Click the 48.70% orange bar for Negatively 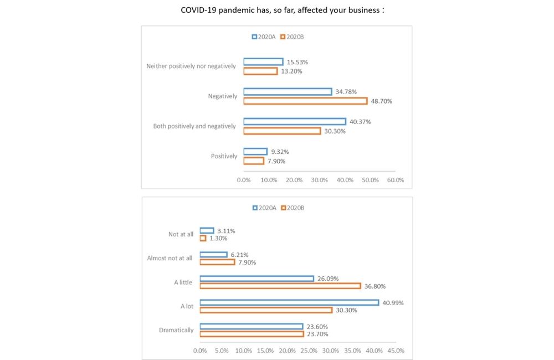(305, 101)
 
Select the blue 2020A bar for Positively (255, 152)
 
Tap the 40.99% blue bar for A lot (289, 302)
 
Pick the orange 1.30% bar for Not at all (203, 238)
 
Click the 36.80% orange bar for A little (280, 286)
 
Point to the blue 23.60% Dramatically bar (252, 326)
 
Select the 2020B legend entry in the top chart (293, 37)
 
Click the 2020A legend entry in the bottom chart (264, 208)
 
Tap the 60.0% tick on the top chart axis (396, 180)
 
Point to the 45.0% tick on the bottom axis (396, 351)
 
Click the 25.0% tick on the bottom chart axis (309, 351)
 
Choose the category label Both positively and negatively (194, 126)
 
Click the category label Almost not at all (170, 258)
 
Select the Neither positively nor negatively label (191, 66)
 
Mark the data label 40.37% (360, 122)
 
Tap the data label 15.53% (297, 62)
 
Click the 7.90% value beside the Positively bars (278, 161)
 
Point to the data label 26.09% (328, 279)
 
